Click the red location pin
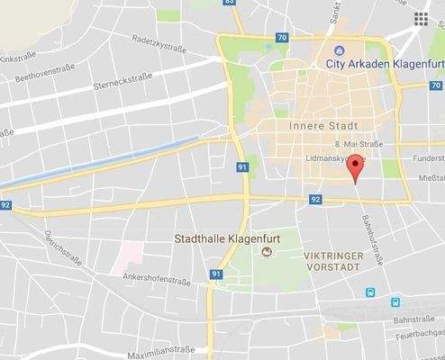(x=356, y=166)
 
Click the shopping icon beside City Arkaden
(x=339, y=50)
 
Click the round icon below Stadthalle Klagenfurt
(x=267, y=255)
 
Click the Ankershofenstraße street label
(x=157, y=280)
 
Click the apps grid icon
(x=421, y=18)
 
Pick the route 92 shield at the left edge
(x=7, y=206)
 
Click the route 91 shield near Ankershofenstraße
(x=216, y=274)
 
